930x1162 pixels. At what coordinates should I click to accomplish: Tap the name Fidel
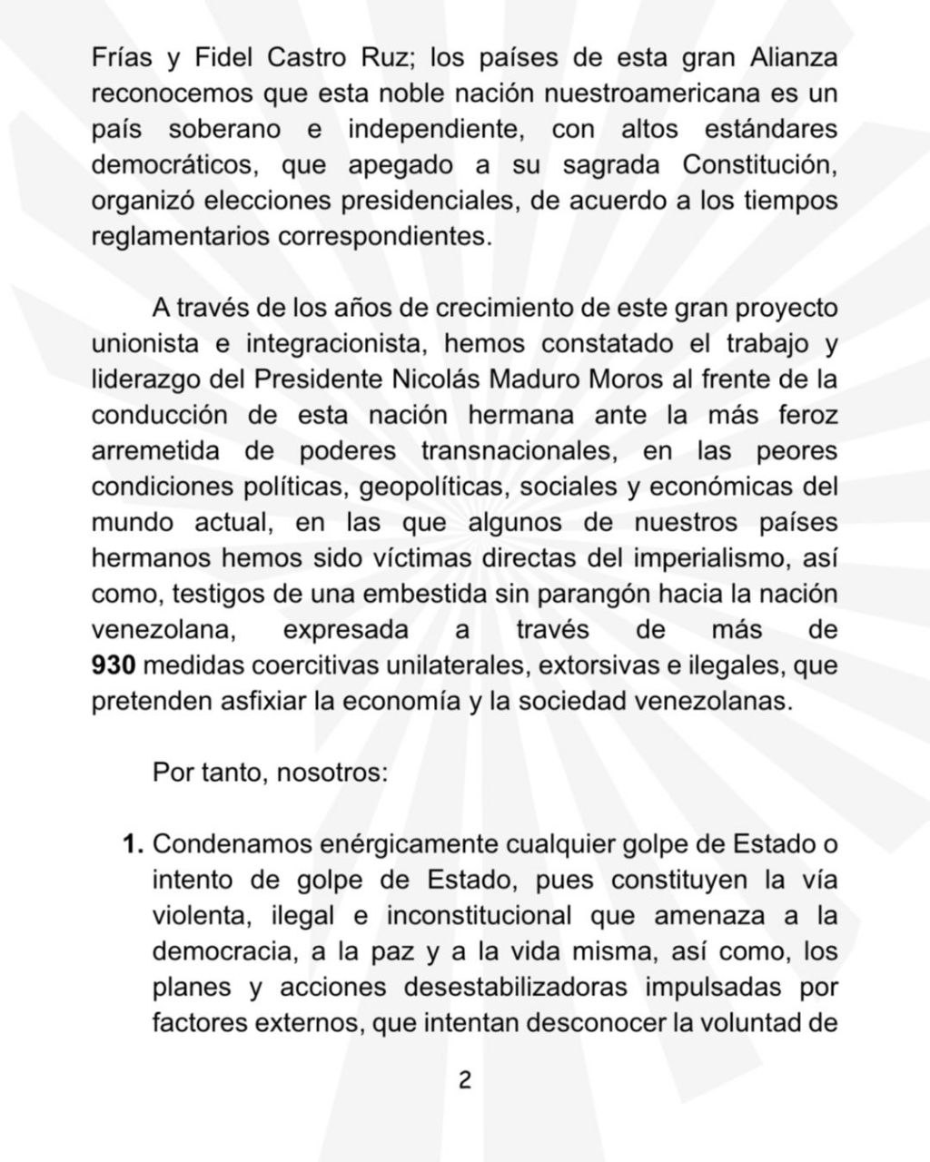click(219, 58)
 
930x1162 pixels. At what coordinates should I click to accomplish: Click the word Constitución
click(760, 165)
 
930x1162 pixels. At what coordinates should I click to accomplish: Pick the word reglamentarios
click(181, 237)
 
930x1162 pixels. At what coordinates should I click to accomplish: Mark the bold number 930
click(114, 666)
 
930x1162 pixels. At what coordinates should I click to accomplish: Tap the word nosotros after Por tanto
click(331, 773)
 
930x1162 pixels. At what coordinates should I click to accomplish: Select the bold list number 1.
click(134, 844)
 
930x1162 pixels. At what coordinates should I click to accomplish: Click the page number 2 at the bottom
click(465, 1080)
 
